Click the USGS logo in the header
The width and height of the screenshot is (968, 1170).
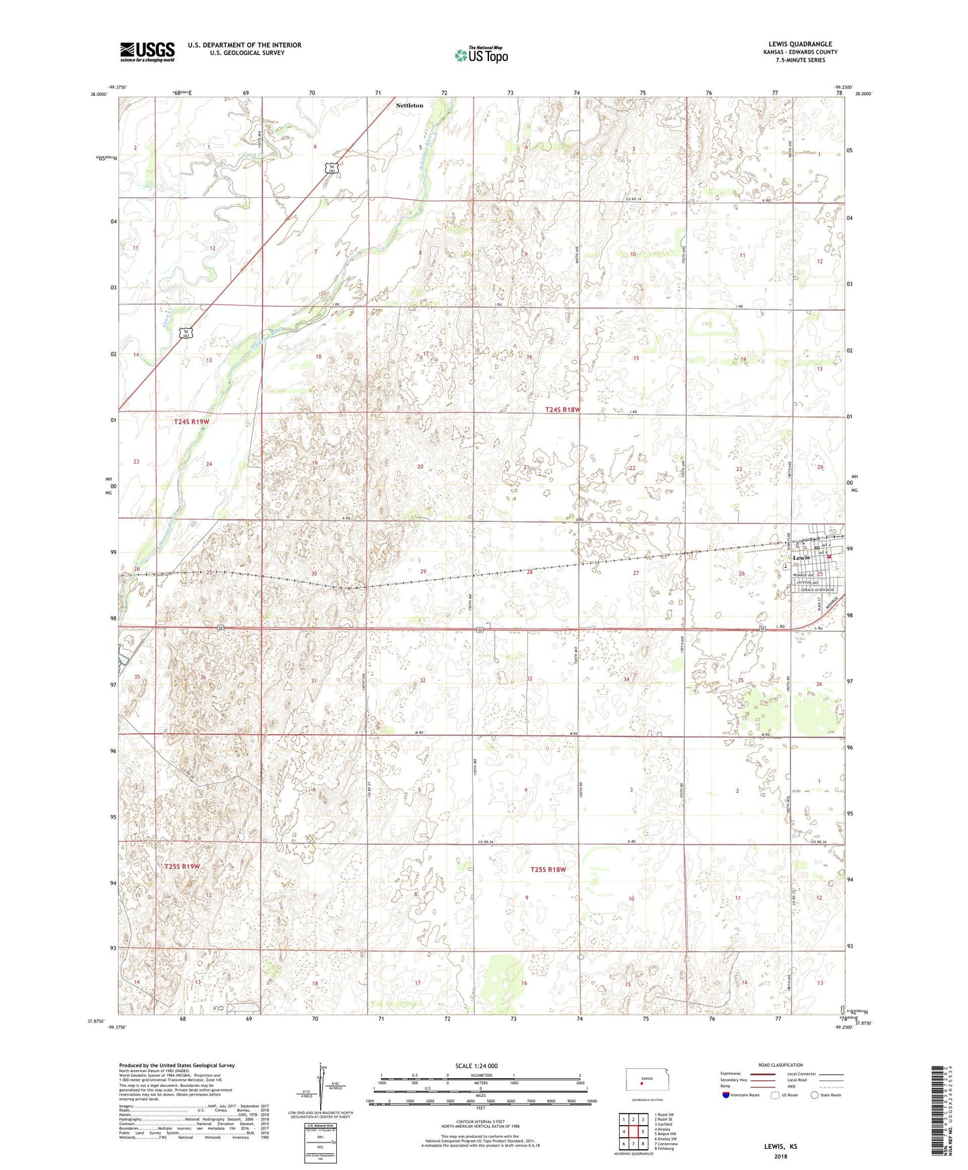click(x=147, y=52)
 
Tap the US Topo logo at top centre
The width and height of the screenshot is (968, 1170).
click(x=480, y=55)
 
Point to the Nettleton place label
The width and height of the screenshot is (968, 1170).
click(x=409, y=105)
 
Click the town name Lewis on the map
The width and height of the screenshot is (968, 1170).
click(x=801, y=558)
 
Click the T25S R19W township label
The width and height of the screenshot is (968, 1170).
click(x=182, y=866)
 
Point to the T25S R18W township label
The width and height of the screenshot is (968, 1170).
click(x=548, y=870)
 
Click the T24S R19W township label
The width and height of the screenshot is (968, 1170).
click(x=192, y=421)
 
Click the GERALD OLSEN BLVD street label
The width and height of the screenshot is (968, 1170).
click(x=816, y=590)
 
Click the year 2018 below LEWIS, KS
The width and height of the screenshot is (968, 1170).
click(x=780, y=1156)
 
